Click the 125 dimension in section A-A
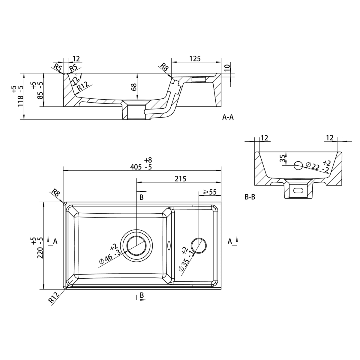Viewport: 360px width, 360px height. (x=195, y=59)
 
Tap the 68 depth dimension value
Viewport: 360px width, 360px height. (x=134, y=87)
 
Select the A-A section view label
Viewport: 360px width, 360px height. (x=228, y=117)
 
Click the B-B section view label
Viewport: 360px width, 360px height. (x=250, y=197)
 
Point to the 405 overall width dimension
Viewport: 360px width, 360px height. (x=136, y=167)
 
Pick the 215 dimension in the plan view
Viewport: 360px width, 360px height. (x=181, y=179)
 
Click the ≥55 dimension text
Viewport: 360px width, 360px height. (x=210, y=192)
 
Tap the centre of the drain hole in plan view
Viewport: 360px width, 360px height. (x=136, y=245)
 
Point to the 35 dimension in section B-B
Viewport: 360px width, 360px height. (x=283, y=158)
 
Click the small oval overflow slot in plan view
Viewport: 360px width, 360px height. (x=169, y=246)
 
